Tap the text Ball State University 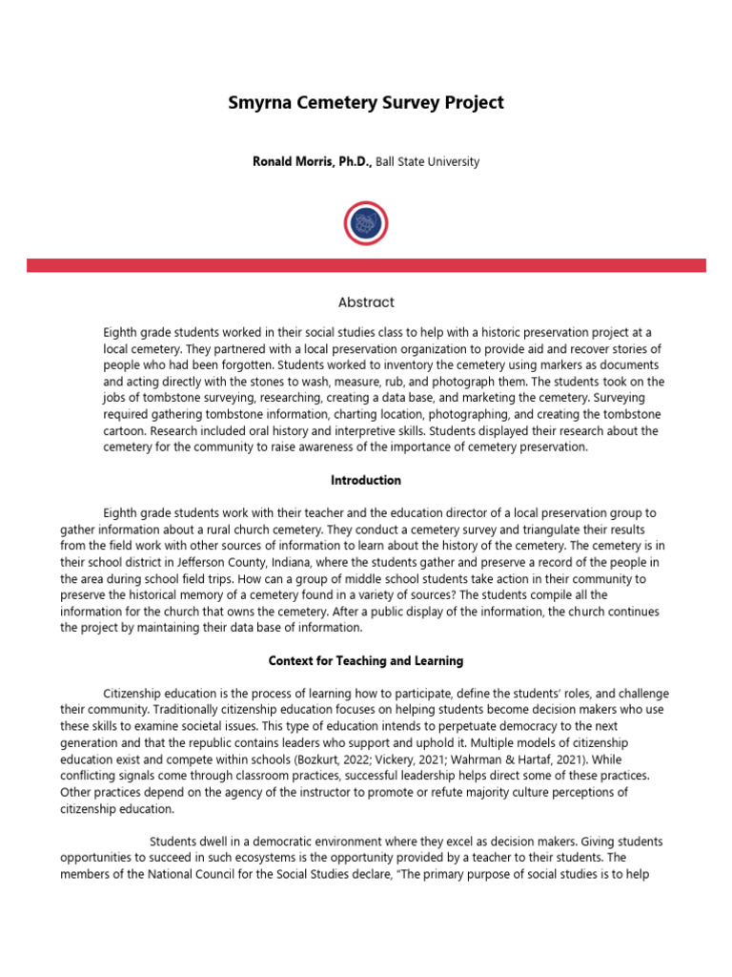(x=427, y=162)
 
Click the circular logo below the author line (x=366, y=223)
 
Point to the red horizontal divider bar (x=366, y=265)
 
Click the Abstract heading (x=366, y=302)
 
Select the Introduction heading (x=366, y=480)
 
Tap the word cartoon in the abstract (x=128, y=431)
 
